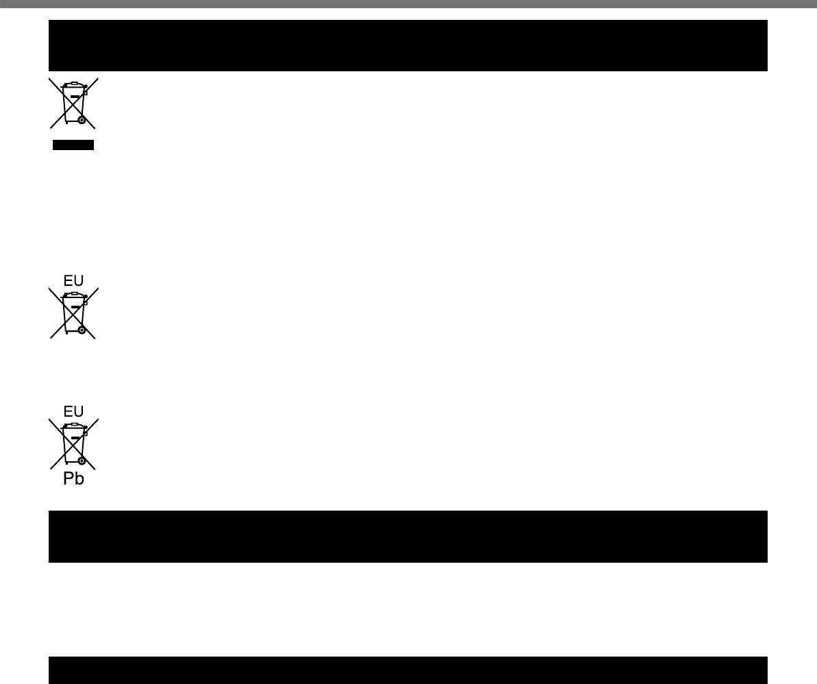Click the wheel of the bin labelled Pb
(x=82, y=461)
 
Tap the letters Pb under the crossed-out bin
(x=73, y=479)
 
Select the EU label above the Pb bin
(x=73, y=411)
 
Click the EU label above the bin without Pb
(x=73, y=280)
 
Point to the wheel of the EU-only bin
(x=82, y=330)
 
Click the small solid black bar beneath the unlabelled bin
(x=73, y=145)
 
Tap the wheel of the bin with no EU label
(x=82, y=120)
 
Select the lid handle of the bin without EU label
(x=74, y=83)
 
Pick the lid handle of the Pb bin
(x=74, y=424)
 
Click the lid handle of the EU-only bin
(x=74, y=293)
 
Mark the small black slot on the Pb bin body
(x=75, y=437)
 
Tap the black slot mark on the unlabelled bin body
(x=75, y=97)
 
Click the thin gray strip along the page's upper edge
(x=408, y=3)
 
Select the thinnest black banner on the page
(x=408, y=670)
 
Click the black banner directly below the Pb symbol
(x=408, y=536)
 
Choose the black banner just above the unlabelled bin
(x=408, y=45)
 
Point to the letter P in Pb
(x=69, y=479)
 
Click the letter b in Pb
(x=79, y=479)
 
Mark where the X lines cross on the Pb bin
(x=73, y=443)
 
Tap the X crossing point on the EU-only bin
(x=73, y=313)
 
